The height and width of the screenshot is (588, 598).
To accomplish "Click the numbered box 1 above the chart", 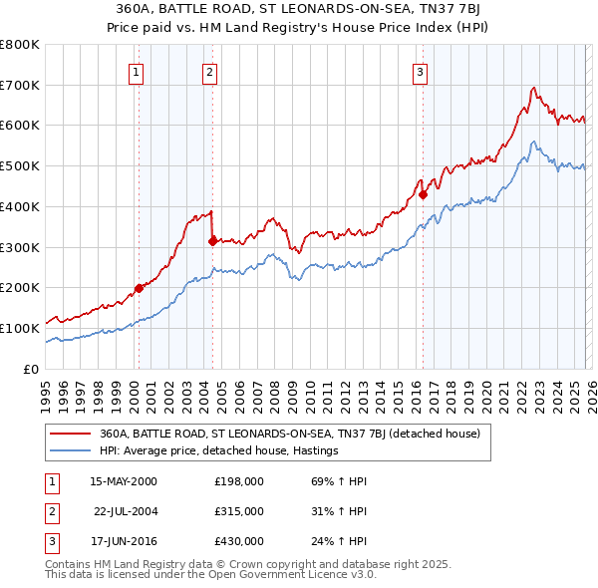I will coord(135,71).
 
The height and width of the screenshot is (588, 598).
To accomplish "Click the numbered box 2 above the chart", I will coord(209,71).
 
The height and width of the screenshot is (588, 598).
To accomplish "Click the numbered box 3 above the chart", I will coord(420,71).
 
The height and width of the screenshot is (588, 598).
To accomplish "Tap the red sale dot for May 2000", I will coord(139,288).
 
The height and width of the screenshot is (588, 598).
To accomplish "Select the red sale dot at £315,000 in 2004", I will coord(212,240).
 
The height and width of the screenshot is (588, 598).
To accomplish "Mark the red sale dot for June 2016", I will coord(423,194).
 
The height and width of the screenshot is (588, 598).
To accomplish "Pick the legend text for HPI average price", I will coord(219,451).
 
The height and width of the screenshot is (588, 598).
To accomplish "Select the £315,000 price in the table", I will coord(239,511).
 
